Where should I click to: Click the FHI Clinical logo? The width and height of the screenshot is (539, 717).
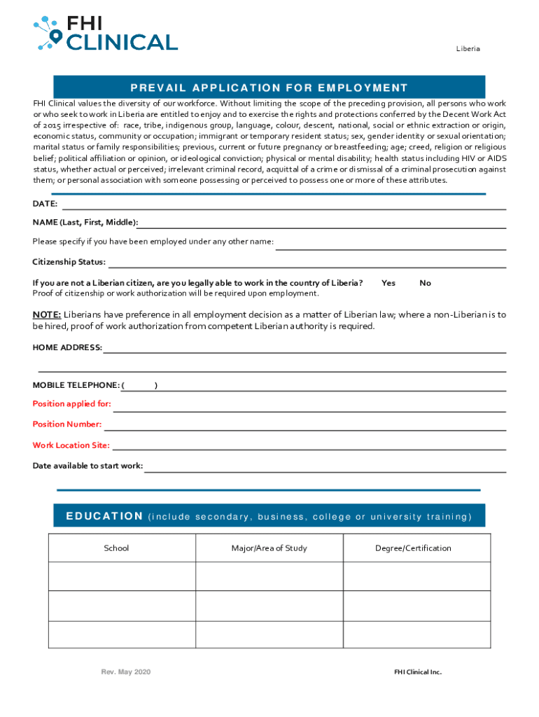[105, 33]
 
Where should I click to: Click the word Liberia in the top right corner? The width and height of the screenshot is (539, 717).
[468, 49]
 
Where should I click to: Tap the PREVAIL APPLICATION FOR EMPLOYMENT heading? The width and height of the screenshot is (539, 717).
[269, 88]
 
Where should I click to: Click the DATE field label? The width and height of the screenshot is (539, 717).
[45, 204]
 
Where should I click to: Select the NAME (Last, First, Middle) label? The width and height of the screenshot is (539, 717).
[85, 223]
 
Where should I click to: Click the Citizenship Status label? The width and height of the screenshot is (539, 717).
[69, 262]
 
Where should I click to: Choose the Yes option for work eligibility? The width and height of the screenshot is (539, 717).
[388, 283]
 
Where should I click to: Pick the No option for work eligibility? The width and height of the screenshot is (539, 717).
[425, 283]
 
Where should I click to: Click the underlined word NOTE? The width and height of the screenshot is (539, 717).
[47, 314]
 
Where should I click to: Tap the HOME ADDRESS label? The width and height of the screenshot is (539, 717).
[67, 347]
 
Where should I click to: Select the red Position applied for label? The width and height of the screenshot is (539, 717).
[71, 404]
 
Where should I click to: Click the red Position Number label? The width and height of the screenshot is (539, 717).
[67, 424]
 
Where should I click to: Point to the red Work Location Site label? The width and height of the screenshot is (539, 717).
[71, 445]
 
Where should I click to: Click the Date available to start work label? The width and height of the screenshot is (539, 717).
[87, 466]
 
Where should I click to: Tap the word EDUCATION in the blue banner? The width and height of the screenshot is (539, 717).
[104, 517]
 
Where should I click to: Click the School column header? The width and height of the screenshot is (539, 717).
[116, 548]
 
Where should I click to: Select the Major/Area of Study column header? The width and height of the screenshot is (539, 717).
[269, 548]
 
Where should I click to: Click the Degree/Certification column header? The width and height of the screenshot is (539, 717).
[413, 548]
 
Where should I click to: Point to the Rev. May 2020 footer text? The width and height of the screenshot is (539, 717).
[126, 672]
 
